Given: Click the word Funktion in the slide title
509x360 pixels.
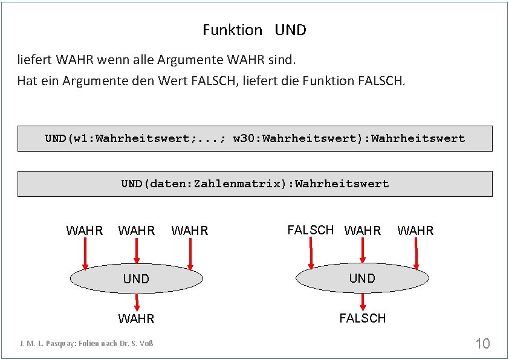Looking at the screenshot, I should point(232,30).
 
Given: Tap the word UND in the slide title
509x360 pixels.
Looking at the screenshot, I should point(290,30).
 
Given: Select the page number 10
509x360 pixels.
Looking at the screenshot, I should point(482,344).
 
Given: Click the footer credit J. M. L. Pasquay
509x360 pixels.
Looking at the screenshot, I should point(86,344).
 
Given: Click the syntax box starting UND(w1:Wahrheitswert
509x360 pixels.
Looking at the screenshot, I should point(254,138).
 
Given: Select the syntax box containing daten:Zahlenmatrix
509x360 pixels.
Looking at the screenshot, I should point(254,184).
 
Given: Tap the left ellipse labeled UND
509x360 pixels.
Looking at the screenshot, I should point(136,278).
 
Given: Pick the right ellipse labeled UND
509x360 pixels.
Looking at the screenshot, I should point(362,278).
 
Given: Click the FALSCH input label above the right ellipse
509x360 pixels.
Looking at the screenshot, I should point(310,230).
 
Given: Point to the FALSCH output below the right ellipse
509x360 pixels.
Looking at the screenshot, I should point(362,318).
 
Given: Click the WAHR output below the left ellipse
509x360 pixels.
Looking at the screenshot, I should point(136,318).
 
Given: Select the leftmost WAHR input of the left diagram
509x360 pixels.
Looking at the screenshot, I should point(84,231).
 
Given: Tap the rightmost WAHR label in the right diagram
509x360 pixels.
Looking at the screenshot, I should point(415,231).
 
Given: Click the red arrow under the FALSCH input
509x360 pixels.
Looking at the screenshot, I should point(311,252).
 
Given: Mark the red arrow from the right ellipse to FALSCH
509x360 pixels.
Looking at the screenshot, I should point(362,301).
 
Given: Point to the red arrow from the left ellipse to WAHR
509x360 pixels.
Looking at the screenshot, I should point(137,301).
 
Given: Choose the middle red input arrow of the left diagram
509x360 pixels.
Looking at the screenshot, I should point(137,251).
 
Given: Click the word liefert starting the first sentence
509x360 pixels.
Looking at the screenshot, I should point(34,60).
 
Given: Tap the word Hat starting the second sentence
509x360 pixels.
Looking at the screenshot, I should point(27,80).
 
